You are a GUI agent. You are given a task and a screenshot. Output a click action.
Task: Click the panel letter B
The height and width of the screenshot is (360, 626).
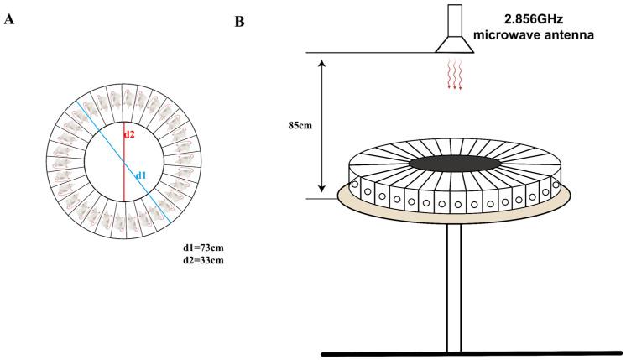pos(241,20)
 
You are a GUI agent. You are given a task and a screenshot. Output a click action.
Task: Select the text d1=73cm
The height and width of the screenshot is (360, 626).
pos(205,248)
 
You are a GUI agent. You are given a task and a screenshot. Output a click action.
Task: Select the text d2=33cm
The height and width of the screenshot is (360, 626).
pos(205,261)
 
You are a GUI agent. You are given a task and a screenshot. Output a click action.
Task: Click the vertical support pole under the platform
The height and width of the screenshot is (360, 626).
pos(455,285)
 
